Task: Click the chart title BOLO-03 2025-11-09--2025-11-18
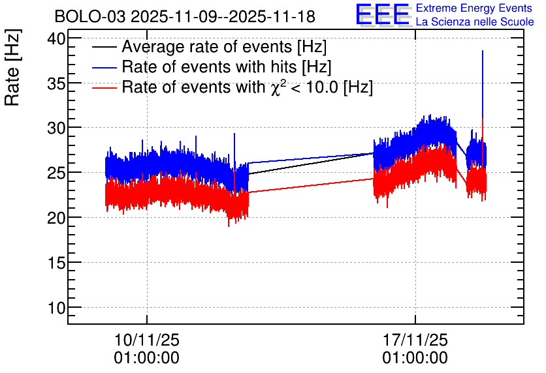tap(185, 16)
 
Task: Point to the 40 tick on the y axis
tap(56, 38)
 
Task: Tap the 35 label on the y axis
tap(56, 83)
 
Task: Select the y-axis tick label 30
tap(56, 128)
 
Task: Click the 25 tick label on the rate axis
tap(56, 173)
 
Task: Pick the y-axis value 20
tap(56, 218)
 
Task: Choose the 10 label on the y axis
tap(56, 308)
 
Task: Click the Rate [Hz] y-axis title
tap(13, 67)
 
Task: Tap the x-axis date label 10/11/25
tap(146, 340)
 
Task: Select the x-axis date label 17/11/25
tap(415, 340)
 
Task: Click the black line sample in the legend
tap(104, 48)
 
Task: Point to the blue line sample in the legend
tap(104, 68)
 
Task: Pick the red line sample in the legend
tap(104, 88)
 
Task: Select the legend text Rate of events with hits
tap(209, 67)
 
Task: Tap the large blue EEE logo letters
tap(383, 14)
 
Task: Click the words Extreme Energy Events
tap(474, 8)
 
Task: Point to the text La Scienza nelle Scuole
tap(475, 22)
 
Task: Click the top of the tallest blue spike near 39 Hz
tap(482, 51)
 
